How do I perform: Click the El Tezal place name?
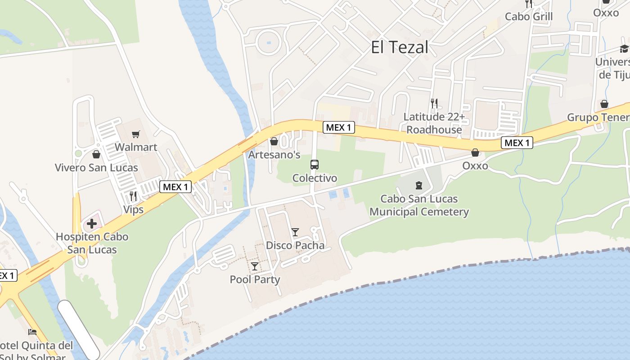click(x=400, y=47)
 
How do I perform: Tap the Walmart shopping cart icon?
click(x=135, y=134)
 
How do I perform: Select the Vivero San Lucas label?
click(x=96, y=168)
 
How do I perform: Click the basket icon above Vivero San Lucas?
click(x=96, y=155)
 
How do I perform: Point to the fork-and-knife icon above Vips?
click(x=133, y=196)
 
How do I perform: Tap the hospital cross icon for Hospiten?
click(x=92, y=224)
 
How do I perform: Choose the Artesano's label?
click(x=274, y=155)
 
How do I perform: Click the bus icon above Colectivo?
click(x=315, y=165)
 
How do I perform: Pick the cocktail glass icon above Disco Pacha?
click(x=295, y=232)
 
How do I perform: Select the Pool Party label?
click(x=255, y=279)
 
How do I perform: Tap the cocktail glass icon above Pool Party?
click(x=255, y=266)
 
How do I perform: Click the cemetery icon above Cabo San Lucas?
click(x=419, y=185)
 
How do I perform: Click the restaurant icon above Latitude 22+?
click(x=434, y=103)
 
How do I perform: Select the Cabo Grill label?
click(x=529, y=17)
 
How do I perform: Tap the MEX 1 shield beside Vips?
click(x=175, y=187)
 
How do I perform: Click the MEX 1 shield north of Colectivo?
click(x=338, y=127)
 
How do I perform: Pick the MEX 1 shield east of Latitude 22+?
click(x=517, y=143)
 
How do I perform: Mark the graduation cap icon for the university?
click(x=624, y=49)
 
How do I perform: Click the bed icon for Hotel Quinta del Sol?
click(x=32, y=332)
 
